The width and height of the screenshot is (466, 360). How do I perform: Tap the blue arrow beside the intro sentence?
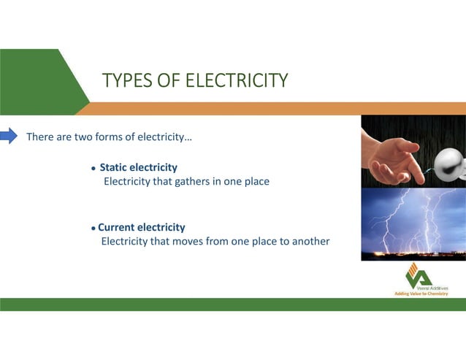pyautogui.click(x=9, y=136)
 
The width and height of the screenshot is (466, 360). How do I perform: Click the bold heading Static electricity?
pyautogui.click(x=138, y=167)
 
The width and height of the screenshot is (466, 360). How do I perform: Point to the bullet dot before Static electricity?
pyautogui.click(x=93, y=169)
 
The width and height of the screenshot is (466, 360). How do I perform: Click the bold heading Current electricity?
pyautogui.click(x=141, y=227)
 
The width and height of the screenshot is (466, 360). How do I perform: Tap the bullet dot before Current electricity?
pyautogui.click(x=93, y=229)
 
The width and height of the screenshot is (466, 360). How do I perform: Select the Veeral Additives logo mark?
pyautogui.click(x=418, y=275)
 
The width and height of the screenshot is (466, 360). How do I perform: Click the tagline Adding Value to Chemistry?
pyautogui.click(x=420, y=293)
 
